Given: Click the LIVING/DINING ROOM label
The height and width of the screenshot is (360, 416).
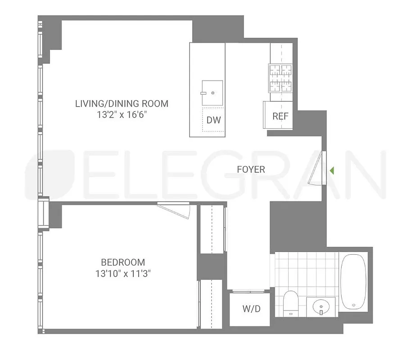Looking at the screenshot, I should tap(122, 104).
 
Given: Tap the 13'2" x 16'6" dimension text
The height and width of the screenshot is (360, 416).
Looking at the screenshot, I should tap(122, 115).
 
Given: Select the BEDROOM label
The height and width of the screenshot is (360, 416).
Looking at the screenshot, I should tap(123, 262).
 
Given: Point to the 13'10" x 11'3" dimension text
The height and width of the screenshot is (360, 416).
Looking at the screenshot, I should tap(123, 273).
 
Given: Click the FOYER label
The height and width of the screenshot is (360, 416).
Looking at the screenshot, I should tap(251, 170).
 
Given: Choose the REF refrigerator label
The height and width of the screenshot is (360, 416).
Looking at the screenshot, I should tap(280, 116).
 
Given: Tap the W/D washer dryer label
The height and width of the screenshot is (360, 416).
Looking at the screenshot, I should tap(252, 309).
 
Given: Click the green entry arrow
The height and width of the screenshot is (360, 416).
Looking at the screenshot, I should tap(332, 171).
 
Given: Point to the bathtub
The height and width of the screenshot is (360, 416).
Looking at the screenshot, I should tap(354, 281).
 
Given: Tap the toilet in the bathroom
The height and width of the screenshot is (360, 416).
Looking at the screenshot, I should tap(290, 304).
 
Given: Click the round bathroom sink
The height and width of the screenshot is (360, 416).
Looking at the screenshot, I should tap(321, 307).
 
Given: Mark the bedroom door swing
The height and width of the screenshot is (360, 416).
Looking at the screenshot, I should tap(178, 210).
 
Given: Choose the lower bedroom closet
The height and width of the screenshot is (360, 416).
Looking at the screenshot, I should tap(211, 304).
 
